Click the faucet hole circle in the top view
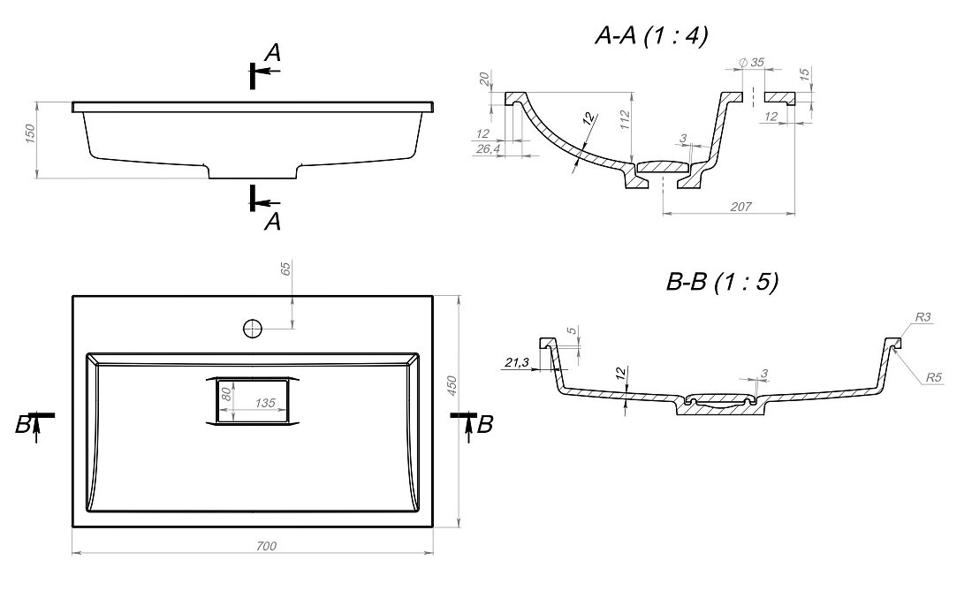(253, 329)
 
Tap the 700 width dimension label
(266, 546)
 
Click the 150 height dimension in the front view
(30, 133)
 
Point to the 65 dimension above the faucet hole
(285, 269)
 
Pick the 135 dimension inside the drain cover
(265, 404)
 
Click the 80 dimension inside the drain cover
(226, 393)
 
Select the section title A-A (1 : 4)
(651, 36)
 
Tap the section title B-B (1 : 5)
(722, 282)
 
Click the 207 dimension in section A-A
(740, 207)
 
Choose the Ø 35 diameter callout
(752, 63)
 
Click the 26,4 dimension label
(489, 148)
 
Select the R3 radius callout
(923, 317)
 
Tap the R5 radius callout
(934, 376)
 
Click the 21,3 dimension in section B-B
(516, 362)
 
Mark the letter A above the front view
(273, 53)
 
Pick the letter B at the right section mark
(485, 424)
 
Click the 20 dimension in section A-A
(484, 78)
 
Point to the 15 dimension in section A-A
(804, 74)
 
